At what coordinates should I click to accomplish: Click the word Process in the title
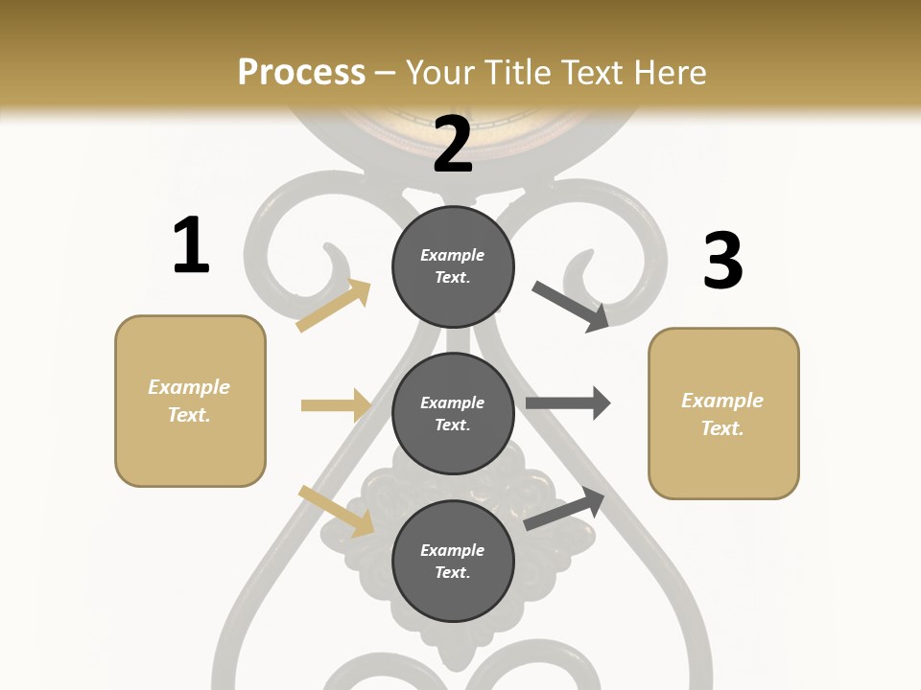coord(301,73)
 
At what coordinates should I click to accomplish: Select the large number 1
coord(191,246)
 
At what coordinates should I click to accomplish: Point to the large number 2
coord(453,145)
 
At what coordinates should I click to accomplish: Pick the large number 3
coord(722,261)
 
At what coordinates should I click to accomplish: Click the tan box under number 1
coord(190,401)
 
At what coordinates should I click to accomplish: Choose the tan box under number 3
coord(723,414)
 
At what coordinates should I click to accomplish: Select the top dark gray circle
coord(453,266)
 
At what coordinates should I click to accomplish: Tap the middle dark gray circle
coord(453,414)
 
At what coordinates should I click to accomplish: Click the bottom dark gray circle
coord(453,561)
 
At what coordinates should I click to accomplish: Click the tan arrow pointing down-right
coord(337,511)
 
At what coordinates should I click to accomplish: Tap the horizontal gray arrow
coord(568,403)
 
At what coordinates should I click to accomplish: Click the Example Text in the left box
coord(189,401)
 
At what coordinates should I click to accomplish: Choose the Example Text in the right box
coord(722,414)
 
